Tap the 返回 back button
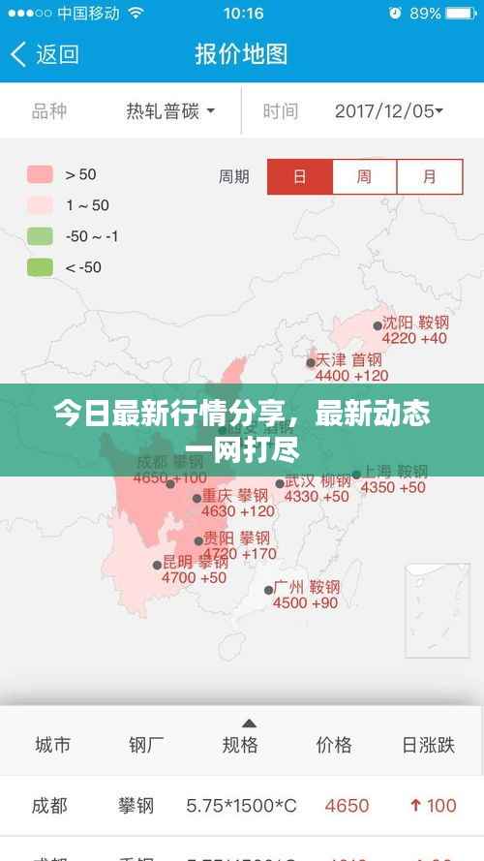pyautogui.click(x=45, y=54)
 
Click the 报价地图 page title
pyautogui.click(x=241, y=54)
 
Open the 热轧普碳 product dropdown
pyautogui.click(x=170, y=111)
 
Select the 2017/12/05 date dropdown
pyautogui.click(x=388, y=111)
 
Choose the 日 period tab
pyautogui.click(x=300, y=177)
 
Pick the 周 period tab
pyautogui.click(x=364, y=177)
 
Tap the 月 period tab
pyautogui.click(x=429, y=177)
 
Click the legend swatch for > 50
pyautogui.click(x=40, y=174)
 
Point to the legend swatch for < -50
pyautogui.click(x=40, y=267)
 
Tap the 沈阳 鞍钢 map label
pyautogui.click(x=415, y=323)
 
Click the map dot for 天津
pyautogui.click(x=311, y=363)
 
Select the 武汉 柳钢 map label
pyautogui.click(x=318, y=480)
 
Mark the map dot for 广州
pyautogui.click(x=269, y=590)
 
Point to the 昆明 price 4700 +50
pyautogui.click(x=194, y=577)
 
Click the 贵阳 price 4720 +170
pyautogui.click(x=237, y=554)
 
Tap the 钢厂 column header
pyautogui.click(x=146, y=745)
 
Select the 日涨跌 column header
pyautogui.click(x=428, y=745)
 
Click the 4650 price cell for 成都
pyautogui.click(x=347, y=805)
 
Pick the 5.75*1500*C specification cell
pyautogui.click(x=241, y=805)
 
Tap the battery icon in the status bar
pyautogui.click(x=463, y=14)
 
